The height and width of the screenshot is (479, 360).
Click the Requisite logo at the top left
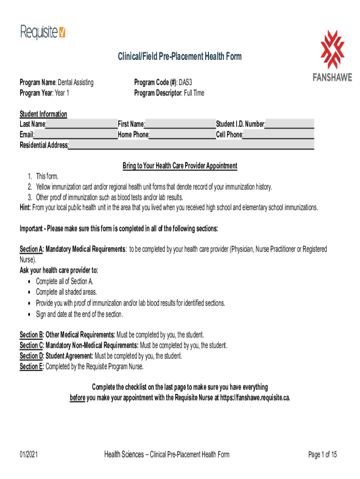[43, 32]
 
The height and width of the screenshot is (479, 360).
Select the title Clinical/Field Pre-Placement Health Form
[180, 57]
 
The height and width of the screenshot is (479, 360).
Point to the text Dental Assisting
[76, 83]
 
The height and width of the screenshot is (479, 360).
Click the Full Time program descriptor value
[193, 93]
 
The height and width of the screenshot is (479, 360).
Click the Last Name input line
[82, 124]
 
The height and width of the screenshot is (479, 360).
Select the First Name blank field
[180, 124]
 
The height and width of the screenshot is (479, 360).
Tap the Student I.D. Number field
[290, 124]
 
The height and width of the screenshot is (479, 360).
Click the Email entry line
[76, 135]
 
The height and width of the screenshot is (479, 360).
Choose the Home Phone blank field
[182, 135]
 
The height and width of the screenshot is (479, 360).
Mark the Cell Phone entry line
[279, 135]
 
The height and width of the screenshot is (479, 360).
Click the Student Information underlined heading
[43, 114]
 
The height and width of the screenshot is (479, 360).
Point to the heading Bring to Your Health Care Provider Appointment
[180, 166]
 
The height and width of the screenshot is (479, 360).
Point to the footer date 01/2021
[29, 455]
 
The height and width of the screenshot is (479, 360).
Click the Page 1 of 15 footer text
[323, 455]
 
